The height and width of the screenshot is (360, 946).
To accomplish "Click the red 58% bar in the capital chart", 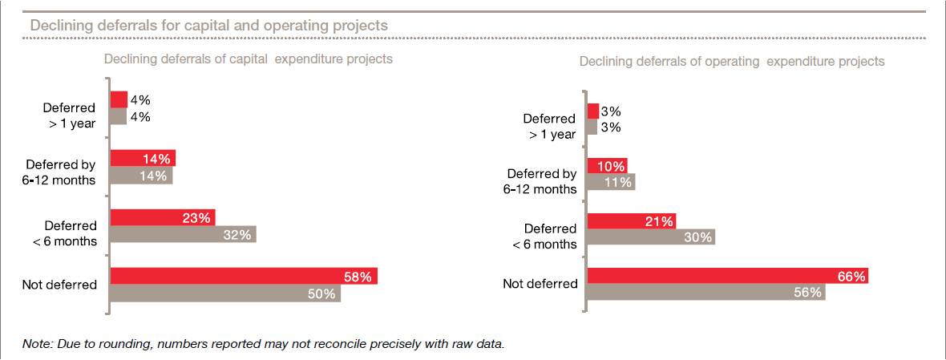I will pos(243,276).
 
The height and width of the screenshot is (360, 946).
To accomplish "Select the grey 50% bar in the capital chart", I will pos(224,293).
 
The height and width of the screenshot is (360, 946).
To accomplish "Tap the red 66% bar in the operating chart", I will pos(727,276).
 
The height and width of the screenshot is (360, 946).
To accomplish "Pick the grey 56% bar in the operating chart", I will pos(705,293).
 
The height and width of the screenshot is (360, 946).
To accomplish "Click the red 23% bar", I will pos(162,217).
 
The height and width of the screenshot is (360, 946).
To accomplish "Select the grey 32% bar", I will pos(183,234).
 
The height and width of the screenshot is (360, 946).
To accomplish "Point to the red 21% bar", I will pos(631,220).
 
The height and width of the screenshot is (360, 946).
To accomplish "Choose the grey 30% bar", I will pos(650,237).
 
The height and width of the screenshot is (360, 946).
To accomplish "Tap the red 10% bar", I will pos(607,166).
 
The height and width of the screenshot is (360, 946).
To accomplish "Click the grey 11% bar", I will pos(610,182).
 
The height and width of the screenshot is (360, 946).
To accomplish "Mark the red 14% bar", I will pos(143,158).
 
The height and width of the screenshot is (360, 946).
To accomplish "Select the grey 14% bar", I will pos(141,176).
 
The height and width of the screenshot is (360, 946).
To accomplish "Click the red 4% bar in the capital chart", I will pos(119,99).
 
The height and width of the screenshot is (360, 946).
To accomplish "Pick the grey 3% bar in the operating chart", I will pos(592,127).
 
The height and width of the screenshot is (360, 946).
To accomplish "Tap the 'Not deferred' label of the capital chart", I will pos(60,285).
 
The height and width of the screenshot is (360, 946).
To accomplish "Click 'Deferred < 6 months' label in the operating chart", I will pos(545,237).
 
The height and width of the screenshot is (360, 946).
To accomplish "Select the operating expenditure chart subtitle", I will pos(732,61).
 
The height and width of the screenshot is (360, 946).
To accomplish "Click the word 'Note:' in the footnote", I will pos(38,344).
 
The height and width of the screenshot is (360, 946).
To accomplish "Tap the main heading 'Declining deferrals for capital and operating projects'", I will pos(208,26).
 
